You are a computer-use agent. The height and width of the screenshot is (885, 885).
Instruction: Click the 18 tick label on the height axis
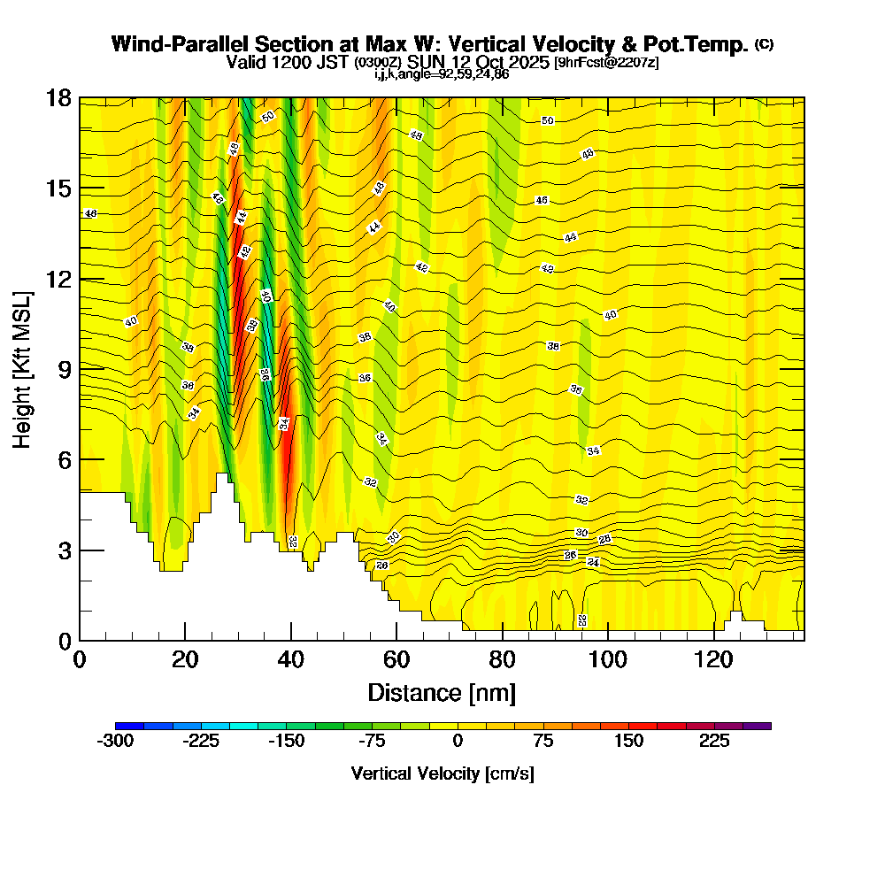[58, 98]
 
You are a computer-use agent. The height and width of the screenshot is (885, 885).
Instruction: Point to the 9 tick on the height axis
[80, 369]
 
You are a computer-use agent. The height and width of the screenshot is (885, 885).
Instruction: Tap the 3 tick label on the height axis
[64, 550]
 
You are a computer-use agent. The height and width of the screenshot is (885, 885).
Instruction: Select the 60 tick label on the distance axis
[396, 659]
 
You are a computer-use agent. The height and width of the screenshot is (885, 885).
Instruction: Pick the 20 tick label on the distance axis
[185, 659]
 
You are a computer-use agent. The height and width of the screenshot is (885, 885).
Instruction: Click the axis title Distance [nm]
[442, 691]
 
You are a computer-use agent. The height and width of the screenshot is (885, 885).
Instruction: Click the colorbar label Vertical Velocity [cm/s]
[442, 773]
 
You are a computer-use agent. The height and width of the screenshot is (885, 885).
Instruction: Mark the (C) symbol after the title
[764, 44]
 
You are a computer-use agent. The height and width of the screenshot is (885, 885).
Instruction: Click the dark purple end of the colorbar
[763, 726]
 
